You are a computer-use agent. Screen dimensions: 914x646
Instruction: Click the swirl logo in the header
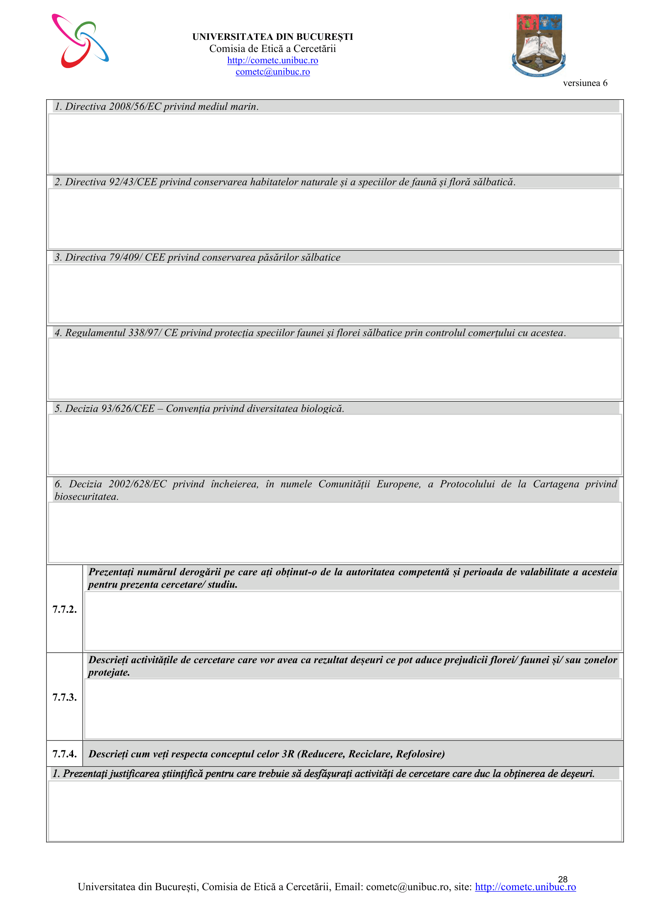tap(80, 41)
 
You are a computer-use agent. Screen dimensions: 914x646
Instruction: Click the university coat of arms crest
tap(539, 45)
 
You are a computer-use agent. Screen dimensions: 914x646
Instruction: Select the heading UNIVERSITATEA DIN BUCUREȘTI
tap(273, 37)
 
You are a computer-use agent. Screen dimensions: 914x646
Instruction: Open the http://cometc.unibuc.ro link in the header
tap(273, 60)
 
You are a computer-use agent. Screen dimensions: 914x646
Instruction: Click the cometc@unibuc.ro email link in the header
tap(273, 72)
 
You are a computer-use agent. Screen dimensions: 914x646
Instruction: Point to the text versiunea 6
tap(585, 83)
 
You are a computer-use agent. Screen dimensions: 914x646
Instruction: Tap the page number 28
tap(562, 879)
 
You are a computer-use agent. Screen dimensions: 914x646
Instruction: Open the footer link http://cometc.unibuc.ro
tap(525, 887)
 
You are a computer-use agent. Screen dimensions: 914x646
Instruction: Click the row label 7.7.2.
tap(64, 609)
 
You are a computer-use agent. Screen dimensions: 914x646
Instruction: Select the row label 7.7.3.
tap(64, 697)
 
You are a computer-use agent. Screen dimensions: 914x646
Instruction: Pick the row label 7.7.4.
tap(64, 753)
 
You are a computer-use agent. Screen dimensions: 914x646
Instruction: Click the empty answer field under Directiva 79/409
tap(335, 294)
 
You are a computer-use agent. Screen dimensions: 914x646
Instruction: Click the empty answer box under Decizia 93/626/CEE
tap(335, 444)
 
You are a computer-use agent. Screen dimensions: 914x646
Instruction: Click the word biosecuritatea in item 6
tap(86, 497)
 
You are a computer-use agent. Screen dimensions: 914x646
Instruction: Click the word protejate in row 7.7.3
tap(109, 673)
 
